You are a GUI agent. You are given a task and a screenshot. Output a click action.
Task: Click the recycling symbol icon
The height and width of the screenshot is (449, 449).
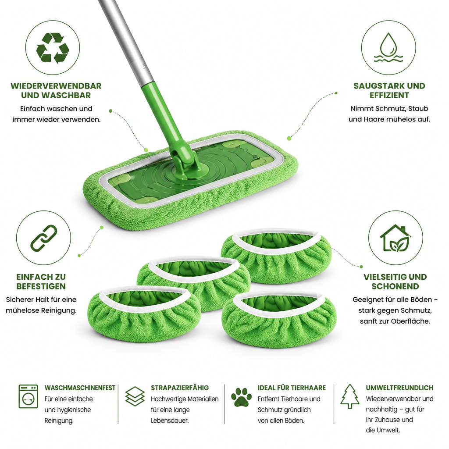pyautogui.click(x=53, y=47)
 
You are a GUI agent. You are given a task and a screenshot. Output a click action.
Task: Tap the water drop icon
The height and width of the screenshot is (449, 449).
pyautogui.click(x=388, y=47)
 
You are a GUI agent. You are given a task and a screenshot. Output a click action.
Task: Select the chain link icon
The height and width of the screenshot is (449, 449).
pyautogui.click(x=43, y=238)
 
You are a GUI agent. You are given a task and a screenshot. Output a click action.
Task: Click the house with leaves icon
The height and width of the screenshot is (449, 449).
pyautogui.click(x=395, y=238)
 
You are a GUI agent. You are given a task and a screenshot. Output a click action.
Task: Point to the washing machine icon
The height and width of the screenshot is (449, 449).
pyautogui.click(x=29, y=396)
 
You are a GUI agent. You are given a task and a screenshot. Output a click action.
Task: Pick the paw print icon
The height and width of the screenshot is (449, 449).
pyautogui.click(x=241, y=397)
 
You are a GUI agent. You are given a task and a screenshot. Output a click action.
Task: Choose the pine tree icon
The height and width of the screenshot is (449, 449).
pyautogui.click(x=349, y=396)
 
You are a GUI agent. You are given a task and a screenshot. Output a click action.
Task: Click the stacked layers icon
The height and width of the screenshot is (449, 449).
pyautogui.click(x=135, y=396)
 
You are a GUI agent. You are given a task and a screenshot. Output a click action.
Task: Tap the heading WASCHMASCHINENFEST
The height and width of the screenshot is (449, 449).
pyautogui.click(x=80, y=388)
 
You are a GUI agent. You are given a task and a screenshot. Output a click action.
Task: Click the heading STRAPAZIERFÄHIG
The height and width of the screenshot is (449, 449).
pyautogui.click(x=180, y=388)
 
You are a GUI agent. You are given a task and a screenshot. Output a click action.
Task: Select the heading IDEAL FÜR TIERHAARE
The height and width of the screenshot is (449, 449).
pyautogui.click(x=292, y=388)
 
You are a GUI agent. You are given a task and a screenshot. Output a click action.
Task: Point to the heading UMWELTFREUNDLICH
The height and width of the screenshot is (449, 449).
pyautogui.click(x=400, y=388)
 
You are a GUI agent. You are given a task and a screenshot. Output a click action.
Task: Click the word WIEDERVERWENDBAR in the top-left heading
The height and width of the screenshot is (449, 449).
pyautogui.click(x=56, y=86)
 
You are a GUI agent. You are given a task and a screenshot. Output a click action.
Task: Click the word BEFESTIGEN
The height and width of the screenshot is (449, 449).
pyautogui.click(x=41, y=286)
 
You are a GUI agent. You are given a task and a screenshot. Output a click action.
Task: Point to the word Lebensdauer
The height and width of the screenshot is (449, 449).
pyautogui.click(x=170, y=420)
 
